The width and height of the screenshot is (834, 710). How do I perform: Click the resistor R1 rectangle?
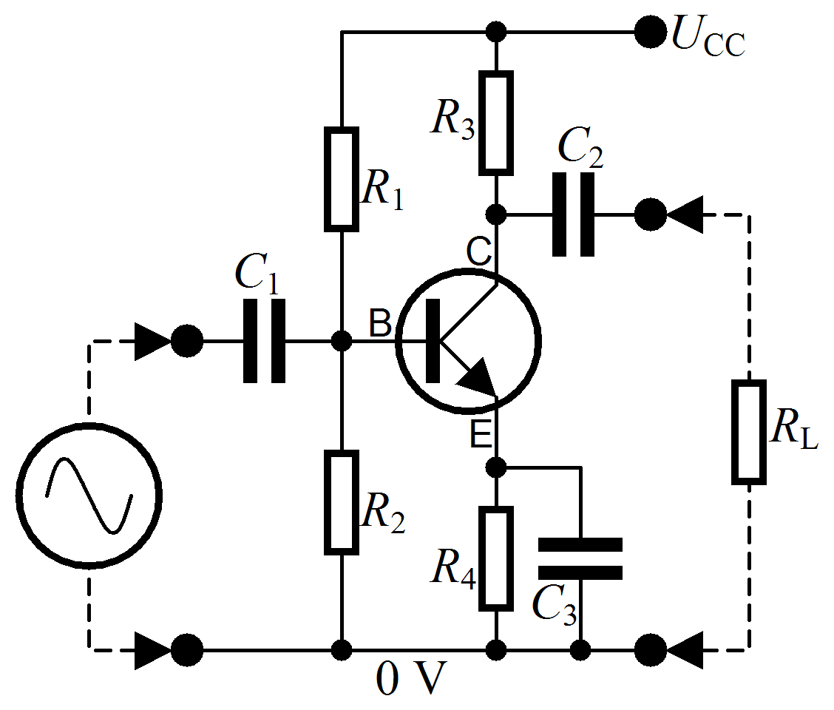tap(341, 179)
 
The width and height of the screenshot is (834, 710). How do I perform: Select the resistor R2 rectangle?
tap(341, 502)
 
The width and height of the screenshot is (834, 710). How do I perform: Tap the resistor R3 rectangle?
tap(496, 123)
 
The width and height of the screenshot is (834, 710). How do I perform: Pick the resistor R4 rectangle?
tap(496, 558)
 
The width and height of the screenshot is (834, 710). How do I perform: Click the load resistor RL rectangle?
tap(748, 433)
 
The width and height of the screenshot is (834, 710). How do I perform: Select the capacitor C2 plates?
tap(574, 214)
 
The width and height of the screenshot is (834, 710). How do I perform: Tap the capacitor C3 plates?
tap(580, 558)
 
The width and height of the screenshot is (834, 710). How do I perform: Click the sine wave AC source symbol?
tap(89, 496)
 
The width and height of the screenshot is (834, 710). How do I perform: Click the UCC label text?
tap(707, 37)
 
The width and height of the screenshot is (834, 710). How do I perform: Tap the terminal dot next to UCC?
tap(650, 33)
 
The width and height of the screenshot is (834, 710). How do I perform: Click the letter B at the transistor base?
tap(379, 323)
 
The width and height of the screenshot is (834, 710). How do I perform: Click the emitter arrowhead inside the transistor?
tap(477, 379)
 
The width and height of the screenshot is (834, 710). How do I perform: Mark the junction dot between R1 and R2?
tap(341, 341)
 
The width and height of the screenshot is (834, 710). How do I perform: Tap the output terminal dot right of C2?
tap(650, 214)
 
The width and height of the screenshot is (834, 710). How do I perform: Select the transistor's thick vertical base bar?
tap(433, 342)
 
